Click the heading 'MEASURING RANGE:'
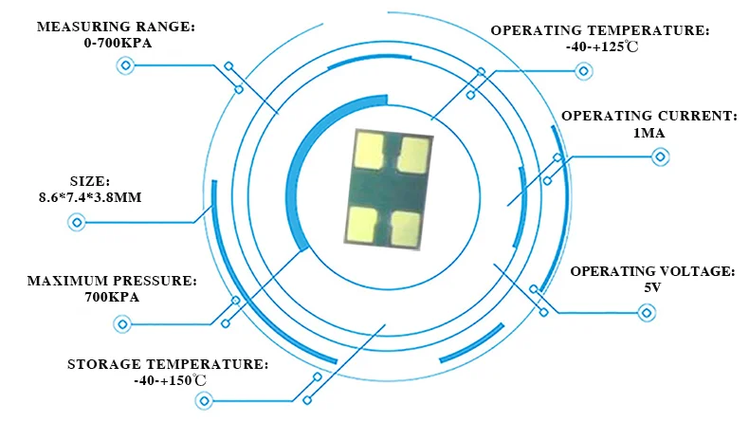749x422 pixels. (115, 28)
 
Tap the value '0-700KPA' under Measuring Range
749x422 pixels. (115, 44)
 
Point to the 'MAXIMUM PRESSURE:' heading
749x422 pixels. (111, 282)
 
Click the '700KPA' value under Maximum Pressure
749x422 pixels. (111, 298)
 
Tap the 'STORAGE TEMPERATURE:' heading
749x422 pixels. (168, 364)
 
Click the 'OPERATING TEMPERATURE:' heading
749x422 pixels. (599, 30)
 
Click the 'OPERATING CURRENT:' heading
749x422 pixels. (649, 116)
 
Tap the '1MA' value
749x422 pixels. (649, 133)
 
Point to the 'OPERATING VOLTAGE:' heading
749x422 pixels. (652, 271)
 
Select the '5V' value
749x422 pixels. (652, 287)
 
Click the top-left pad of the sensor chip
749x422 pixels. (367, 148)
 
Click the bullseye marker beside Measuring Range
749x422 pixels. (124, 65)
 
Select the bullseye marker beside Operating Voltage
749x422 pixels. (648, 312)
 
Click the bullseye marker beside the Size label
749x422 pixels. (77, 223)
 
